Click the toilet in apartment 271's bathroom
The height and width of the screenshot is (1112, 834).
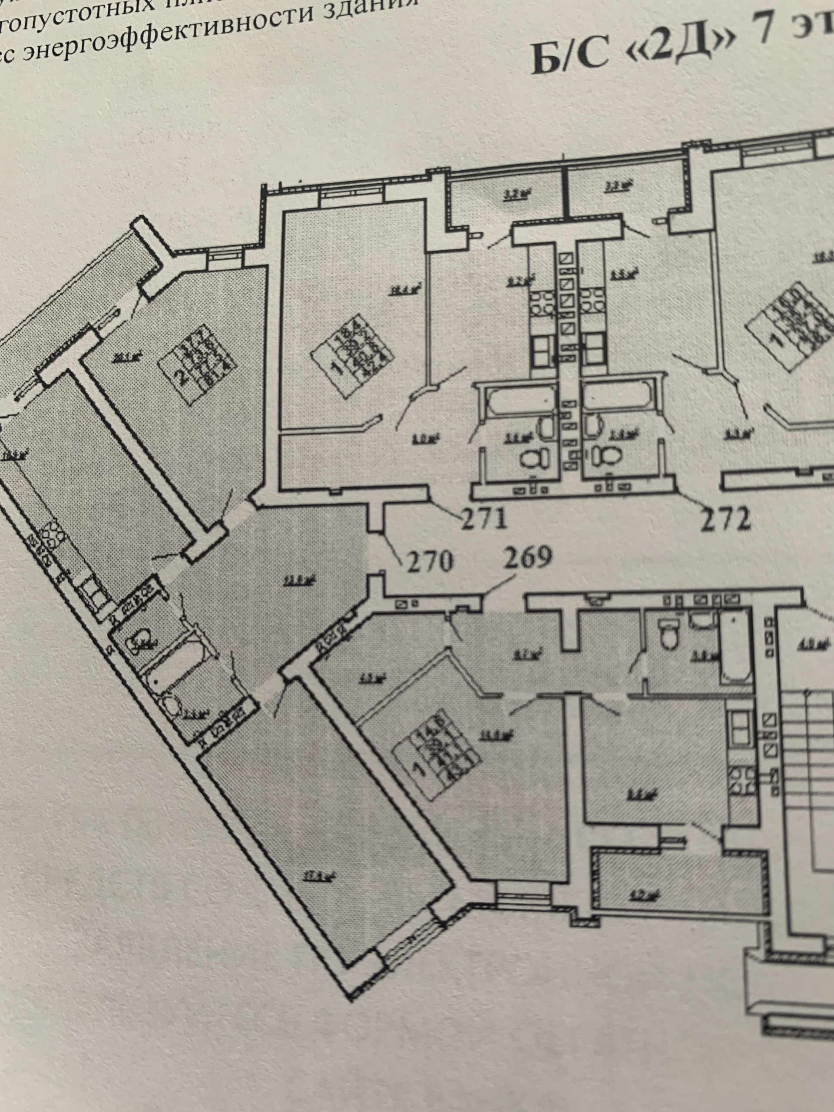533,457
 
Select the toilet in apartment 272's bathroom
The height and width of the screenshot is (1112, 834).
606,456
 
